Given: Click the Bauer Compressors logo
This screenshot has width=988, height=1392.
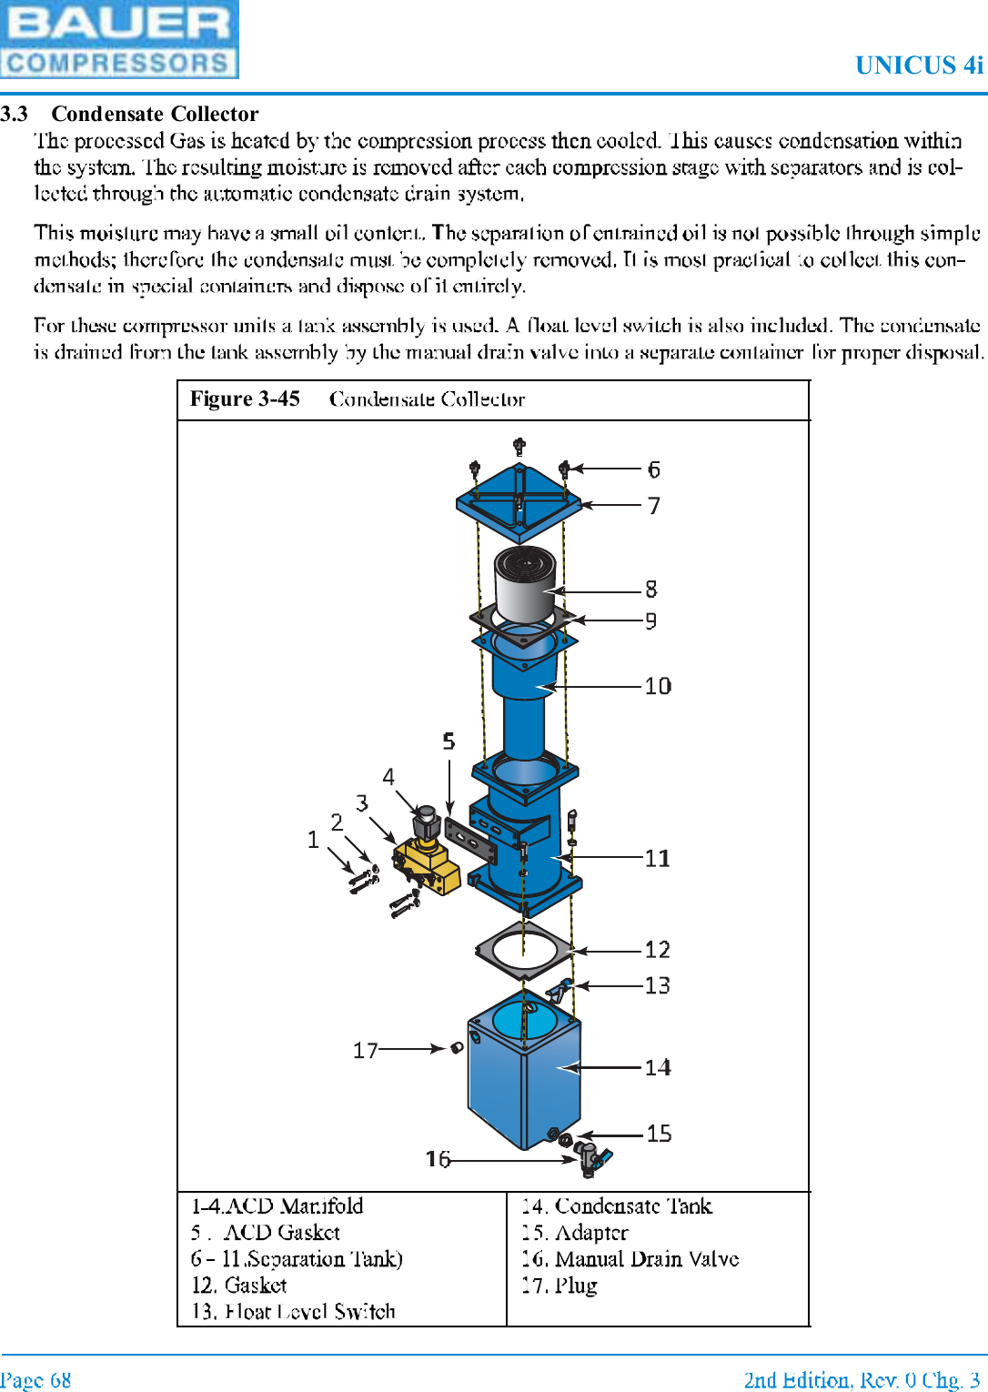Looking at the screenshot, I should [x=119, y=39].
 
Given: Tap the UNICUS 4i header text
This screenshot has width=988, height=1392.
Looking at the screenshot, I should [x=919, y=66].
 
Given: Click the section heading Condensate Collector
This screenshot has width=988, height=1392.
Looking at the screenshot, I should [x=155, y=114].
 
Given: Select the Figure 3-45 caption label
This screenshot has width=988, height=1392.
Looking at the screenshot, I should [x=245, y=399].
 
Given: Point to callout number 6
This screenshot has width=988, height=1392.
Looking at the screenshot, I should [x=653, y=469].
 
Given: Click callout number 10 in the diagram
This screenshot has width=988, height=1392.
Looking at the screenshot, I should [x=658, y=686].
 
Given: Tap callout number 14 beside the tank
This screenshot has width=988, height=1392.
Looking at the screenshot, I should [x=658, y=1067].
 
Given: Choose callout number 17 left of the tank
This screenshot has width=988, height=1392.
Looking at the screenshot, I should [x=365, y=1051].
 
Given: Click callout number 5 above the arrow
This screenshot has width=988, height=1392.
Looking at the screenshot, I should [x=449, y=741].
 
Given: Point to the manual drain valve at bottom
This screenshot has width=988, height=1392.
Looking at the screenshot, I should [x=595, y=1159].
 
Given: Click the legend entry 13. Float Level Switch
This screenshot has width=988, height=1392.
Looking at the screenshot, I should [x=293, y=1311].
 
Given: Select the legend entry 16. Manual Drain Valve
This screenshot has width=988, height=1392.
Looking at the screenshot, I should [x=630, y=1259].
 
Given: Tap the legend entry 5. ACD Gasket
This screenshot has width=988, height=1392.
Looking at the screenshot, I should [x=266, y=1233].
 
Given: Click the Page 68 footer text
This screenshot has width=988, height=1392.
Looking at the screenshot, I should [x=35, y=1379].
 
